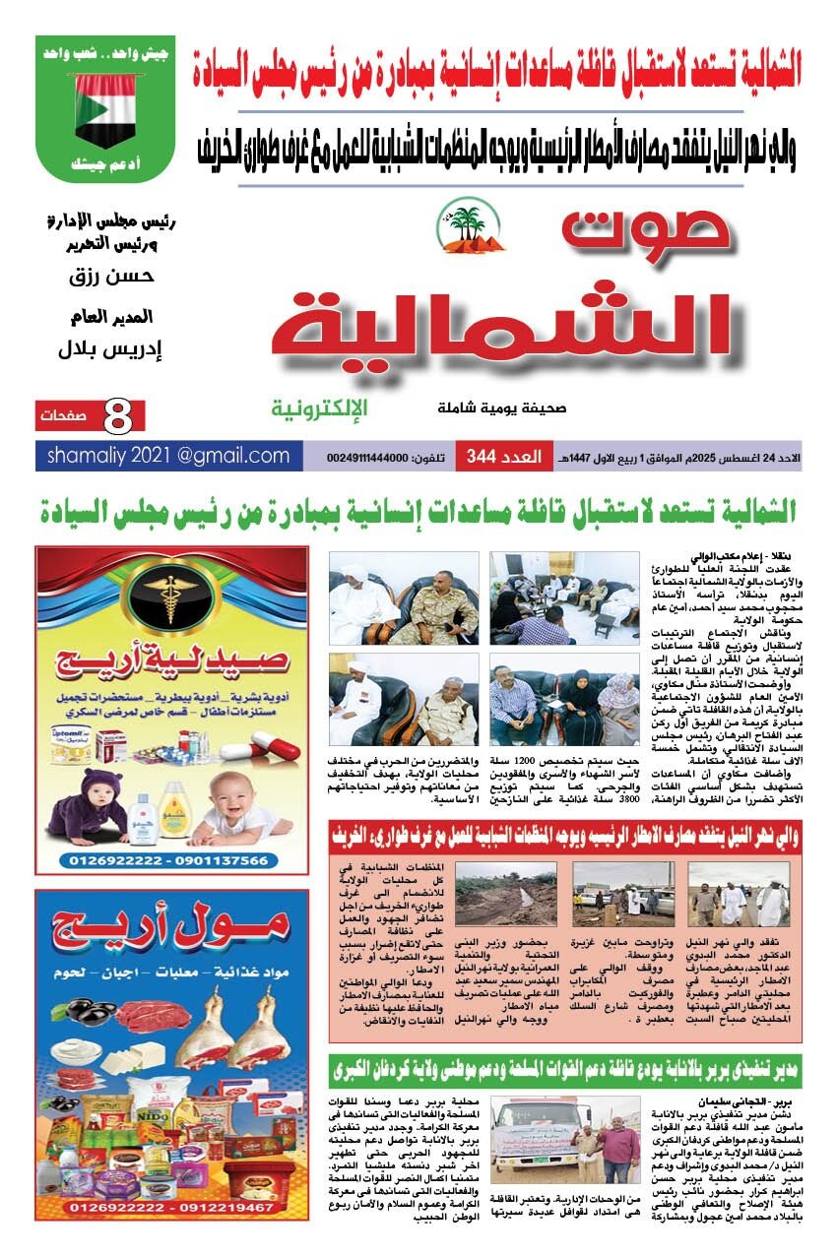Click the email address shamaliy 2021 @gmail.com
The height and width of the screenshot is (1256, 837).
[x=169, y=456]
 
